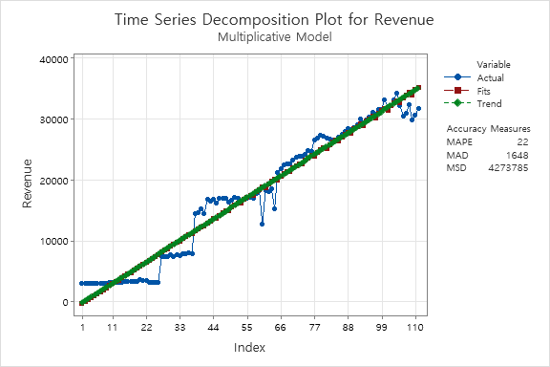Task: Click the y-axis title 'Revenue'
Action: (28, 182)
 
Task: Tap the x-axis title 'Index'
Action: (250, 347)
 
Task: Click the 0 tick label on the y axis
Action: (65, 302)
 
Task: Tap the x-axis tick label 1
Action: (82, 327)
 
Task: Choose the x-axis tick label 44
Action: (213, 327)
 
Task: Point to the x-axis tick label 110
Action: (415, 327)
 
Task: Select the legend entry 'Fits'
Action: (485, 90)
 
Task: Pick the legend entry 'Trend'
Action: (489, 102)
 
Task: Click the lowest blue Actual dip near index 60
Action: (262, 224)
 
